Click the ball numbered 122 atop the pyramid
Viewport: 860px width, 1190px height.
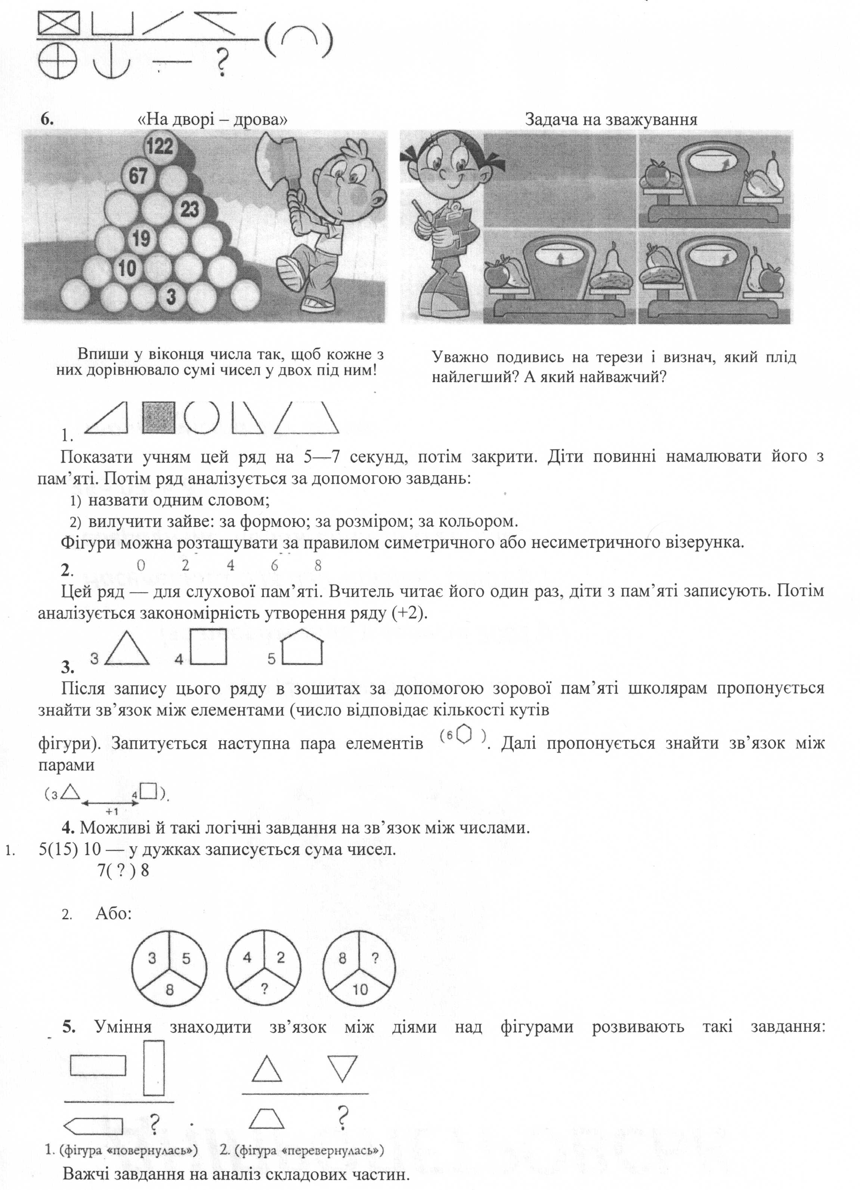pyautogui.click(x=160, y=146)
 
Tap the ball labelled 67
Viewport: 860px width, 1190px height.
pyautogui.click(x=139, y=176)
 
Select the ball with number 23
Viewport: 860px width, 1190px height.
pyautogui.click(x=190, y=209)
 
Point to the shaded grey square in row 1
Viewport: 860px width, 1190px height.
pyautogui.click(x=158, y=418)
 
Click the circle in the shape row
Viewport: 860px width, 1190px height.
pyautogui.click(x=202, y=417)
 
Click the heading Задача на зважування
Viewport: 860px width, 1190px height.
pyautogui.click(x=611, y=120)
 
